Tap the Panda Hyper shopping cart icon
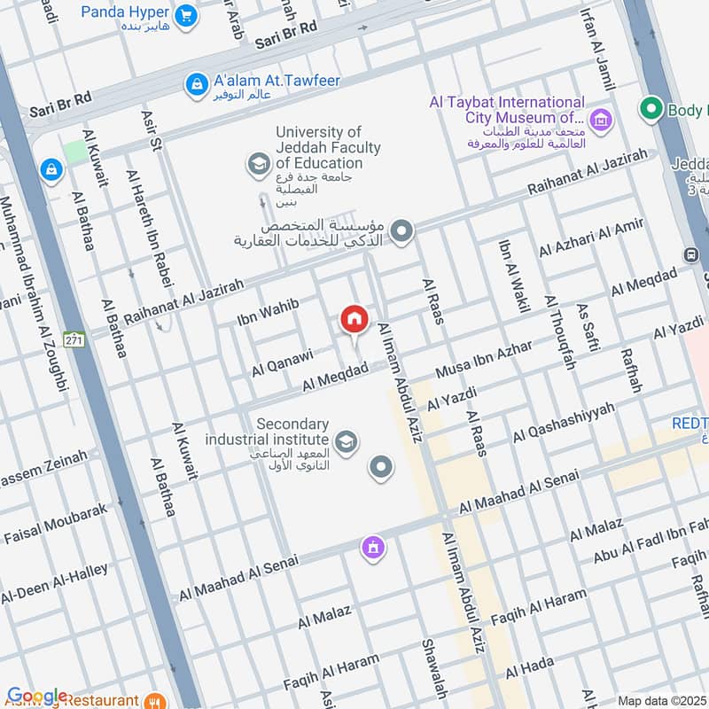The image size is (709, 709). pyautogui.click(x=185, y=14)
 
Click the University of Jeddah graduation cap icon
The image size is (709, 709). pyautogui.click(x=258, y=164)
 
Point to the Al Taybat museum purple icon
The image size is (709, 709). pyautogui.click(x=601, y=119)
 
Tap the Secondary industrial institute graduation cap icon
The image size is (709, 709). pyautogui.click(x=347, y=440)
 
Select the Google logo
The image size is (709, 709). pyautogui.click(x=37, y=697)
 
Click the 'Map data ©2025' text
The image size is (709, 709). pyautogui.click(x=660, y=700)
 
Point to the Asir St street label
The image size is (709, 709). pyautogui.click(x=150, y=129)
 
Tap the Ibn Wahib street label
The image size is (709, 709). pyautogui.click(x=268, y=312)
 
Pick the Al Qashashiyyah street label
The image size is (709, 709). pyautogui.click(x=564, y=424)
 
